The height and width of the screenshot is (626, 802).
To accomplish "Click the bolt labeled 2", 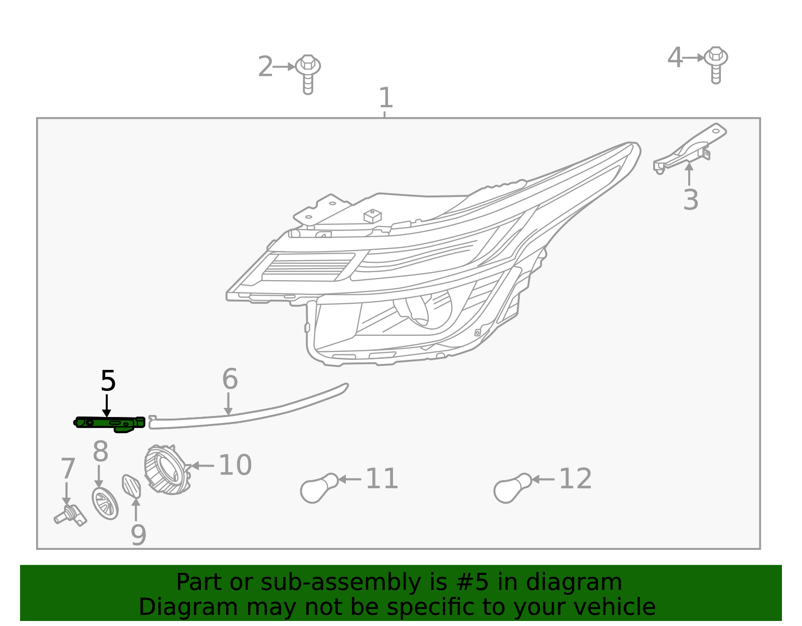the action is pyautogui.click(x=308, y=73).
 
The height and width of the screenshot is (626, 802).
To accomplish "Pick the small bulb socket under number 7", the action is pyautogui.click(x=70, y=514).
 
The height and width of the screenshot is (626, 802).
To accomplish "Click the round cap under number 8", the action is pyautogui.click(x=105, y=503).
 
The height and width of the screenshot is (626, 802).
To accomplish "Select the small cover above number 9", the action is pyautogui.click(x=131, y=486).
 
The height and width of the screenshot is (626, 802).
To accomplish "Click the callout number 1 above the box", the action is pyautogui.click(x=385, y=98).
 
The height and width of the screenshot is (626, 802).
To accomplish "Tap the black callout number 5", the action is pyautogui.click(x=108, y=381).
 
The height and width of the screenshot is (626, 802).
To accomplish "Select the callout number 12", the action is pyautogui.click(x=575, y=479).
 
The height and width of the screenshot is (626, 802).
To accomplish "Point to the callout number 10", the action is pyautogui.click(x=235, y=465).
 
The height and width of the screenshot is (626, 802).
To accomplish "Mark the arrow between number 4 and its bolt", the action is pyautogui.click(x=694, y=58).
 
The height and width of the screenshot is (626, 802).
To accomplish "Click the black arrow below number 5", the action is pyautogui.click(x=106, y=405).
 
